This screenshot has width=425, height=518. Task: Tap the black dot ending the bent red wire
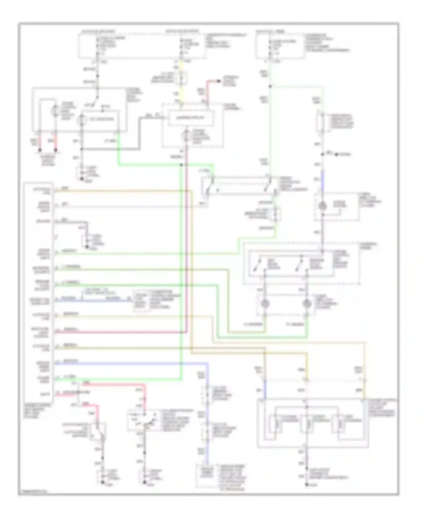(218, 81)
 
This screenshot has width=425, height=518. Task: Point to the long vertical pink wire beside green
(186, 255)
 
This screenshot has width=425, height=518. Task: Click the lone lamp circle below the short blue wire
(322, 206)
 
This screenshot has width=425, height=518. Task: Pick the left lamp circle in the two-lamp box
(265, 304)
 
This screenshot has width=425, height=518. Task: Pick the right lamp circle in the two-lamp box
(307, 304)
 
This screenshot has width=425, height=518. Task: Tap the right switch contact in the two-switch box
(299, 265)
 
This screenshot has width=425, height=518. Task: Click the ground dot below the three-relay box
(307, 485)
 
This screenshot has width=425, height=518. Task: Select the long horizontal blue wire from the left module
(130, 363)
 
